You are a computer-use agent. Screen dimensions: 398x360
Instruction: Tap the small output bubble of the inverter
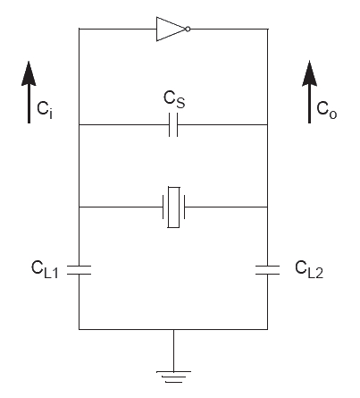(x=187, y=29)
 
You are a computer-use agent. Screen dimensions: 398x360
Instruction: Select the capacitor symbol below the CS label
(x=174, y=127)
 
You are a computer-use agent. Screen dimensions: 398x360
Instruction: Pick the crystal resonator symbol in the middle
(x=174, y=207)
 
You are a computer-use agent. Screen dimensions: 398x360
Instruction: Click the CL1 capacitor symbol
(x=80, y=268)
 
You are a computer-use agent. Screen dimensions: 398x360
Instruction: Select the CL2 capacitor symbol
(x=268, y=268)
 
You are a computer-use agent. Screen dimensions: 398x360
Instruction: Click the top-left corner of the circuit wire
(x=80, y=29)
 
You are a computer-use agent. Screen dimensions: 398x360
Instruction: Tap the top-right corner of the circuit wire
(x=268, y=29)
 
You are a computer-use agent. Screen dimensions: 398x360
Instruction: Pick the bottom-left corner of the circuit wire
(x=80, y=329)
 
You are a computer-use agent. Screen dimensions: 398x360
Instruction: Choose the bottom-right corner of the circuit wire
(x=268, y=329)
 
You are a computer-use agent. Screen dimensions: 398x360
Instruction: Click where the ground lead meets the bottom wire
(x=174, y=329)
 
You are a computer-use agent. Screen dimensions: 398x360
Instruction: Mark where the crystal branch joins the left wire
(x=80, y=207)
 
